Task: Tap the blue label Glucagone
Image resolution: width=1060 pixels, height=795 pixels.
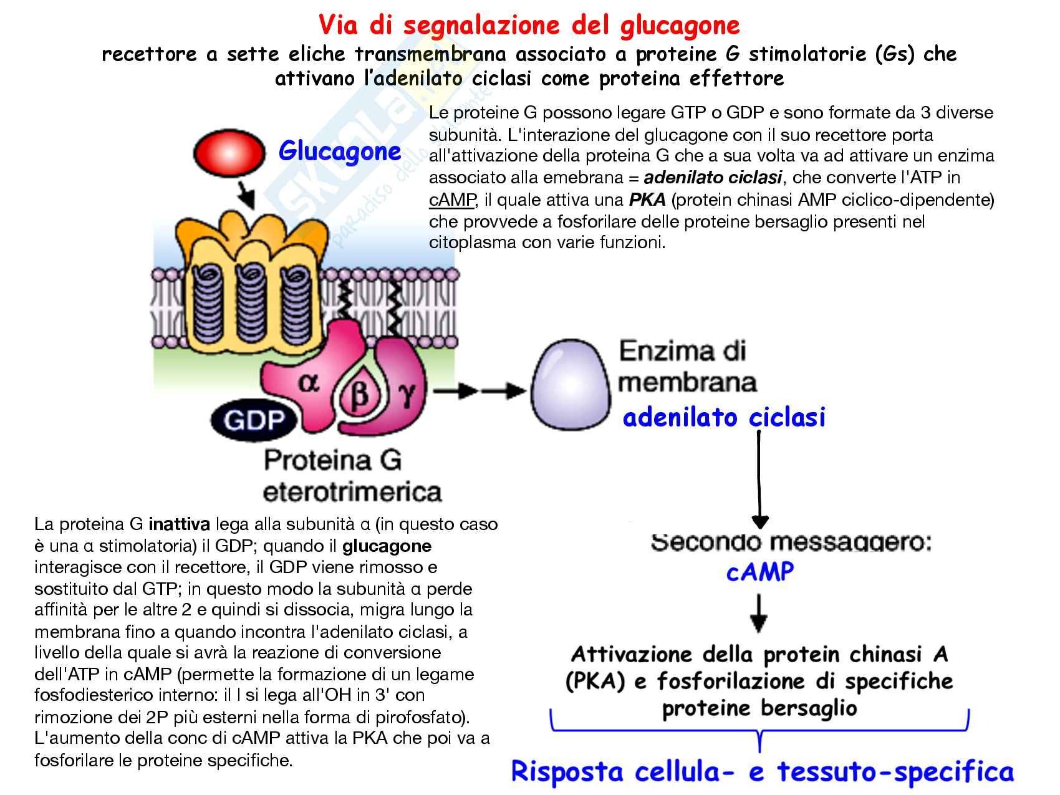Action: tap(340, 152)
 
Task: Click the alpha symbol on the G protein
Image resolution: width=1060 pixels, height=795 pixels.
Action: tap(308, 382)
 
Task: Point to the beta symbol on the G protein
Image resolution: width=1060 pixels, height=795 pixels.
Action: tap(360, 396)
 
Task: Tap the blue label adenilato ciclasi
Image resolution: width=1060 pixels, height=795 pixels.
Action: tap(724, 417)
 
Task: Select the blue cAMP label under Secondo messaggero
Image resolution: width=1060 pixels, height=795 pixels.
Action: tap(760, 571)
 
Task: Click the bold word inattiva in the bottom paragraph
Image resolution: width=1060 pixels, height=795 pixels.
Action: tap(179, 524)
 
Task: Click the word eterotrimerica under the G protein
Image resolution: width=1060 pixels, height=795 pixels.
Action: tap(352, 492)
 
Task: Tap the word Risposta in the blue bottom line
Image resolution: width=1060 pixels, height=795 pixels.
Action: tap(567, 771)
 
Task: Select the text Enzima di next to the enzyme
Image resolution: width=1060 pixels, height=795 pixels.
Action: tap(682, 351)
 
